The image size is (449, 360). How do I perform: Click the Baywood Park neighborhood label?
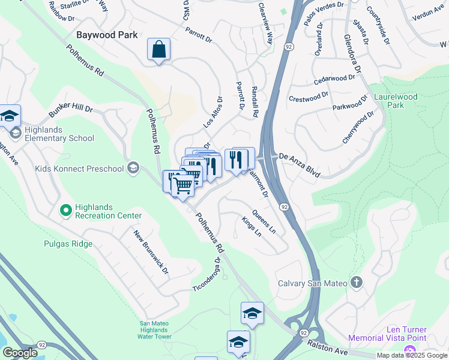(107, 35)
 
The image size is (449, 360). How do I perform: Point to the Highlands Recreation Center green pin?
(65, 210)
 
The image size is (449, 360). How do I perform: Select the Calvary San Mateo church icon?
(356, 282)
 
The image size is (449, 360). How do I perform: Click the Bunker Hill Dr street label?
(71, 112)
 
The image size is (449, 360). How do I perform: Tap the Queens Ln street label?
(264, 221)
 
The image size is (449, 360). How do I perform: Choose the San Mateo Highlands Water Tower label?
(154, 330)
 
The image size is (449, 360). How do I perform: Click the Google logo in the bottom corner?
(20, 353)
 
